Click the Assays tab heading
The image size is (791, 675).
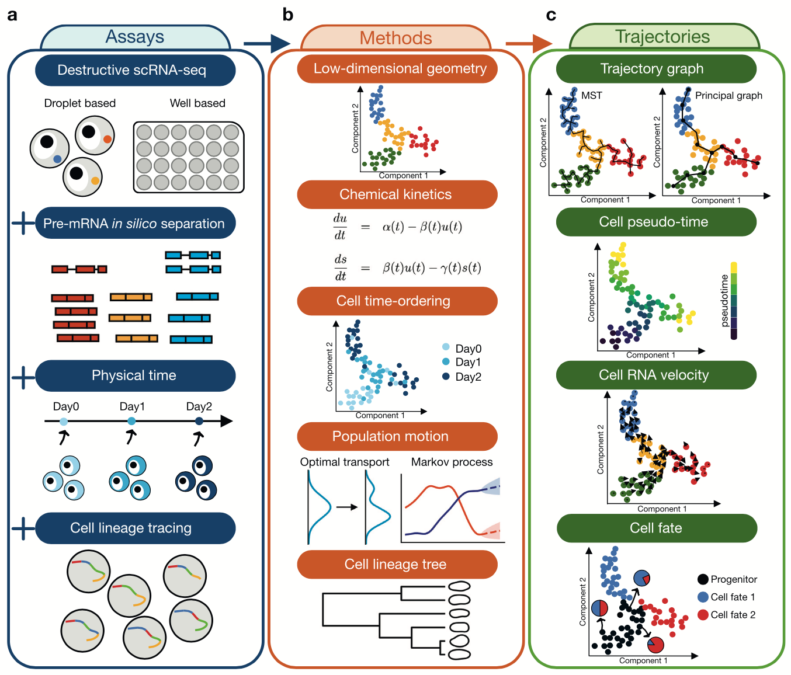pyautogui.click(x=135, y=37)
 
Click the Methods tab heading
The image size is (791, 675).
pyautogui.click(x=395, y=39)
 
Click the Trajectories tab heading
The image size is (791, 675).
pyautogui.click(x=662, y=37)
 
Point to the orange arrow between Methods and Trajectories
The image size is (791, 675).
pyautogui.click(x=528, y=43)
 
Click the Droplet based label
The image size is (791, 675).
pyautogui.click(x=80, y=103)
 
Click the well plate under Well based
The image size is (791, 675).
pyautogui.click(x=188, y=157)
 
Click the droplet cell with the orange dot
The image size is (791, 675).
pyautogui.click(x=95, y=135)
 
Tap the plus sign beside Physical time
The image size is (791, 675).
pyautogui.click(x=23, y=377)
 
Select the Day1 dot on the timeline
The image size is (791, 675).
pyautogui.click(x=131, y=421)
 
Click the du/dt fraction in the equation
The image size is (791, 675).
pyautogui.click(x=340, y=227)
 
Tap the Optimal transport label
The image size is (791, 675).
pyautogui.click(x=345, y=462)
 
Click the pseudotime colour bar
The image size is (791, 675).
pyautogui.click(x=734, y=301)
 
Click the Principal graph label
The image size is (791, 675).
pyautogui.click(x=728, y=96)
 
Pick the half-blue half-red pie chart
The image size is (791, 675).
pyautogui.click(x=599, y=608)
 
